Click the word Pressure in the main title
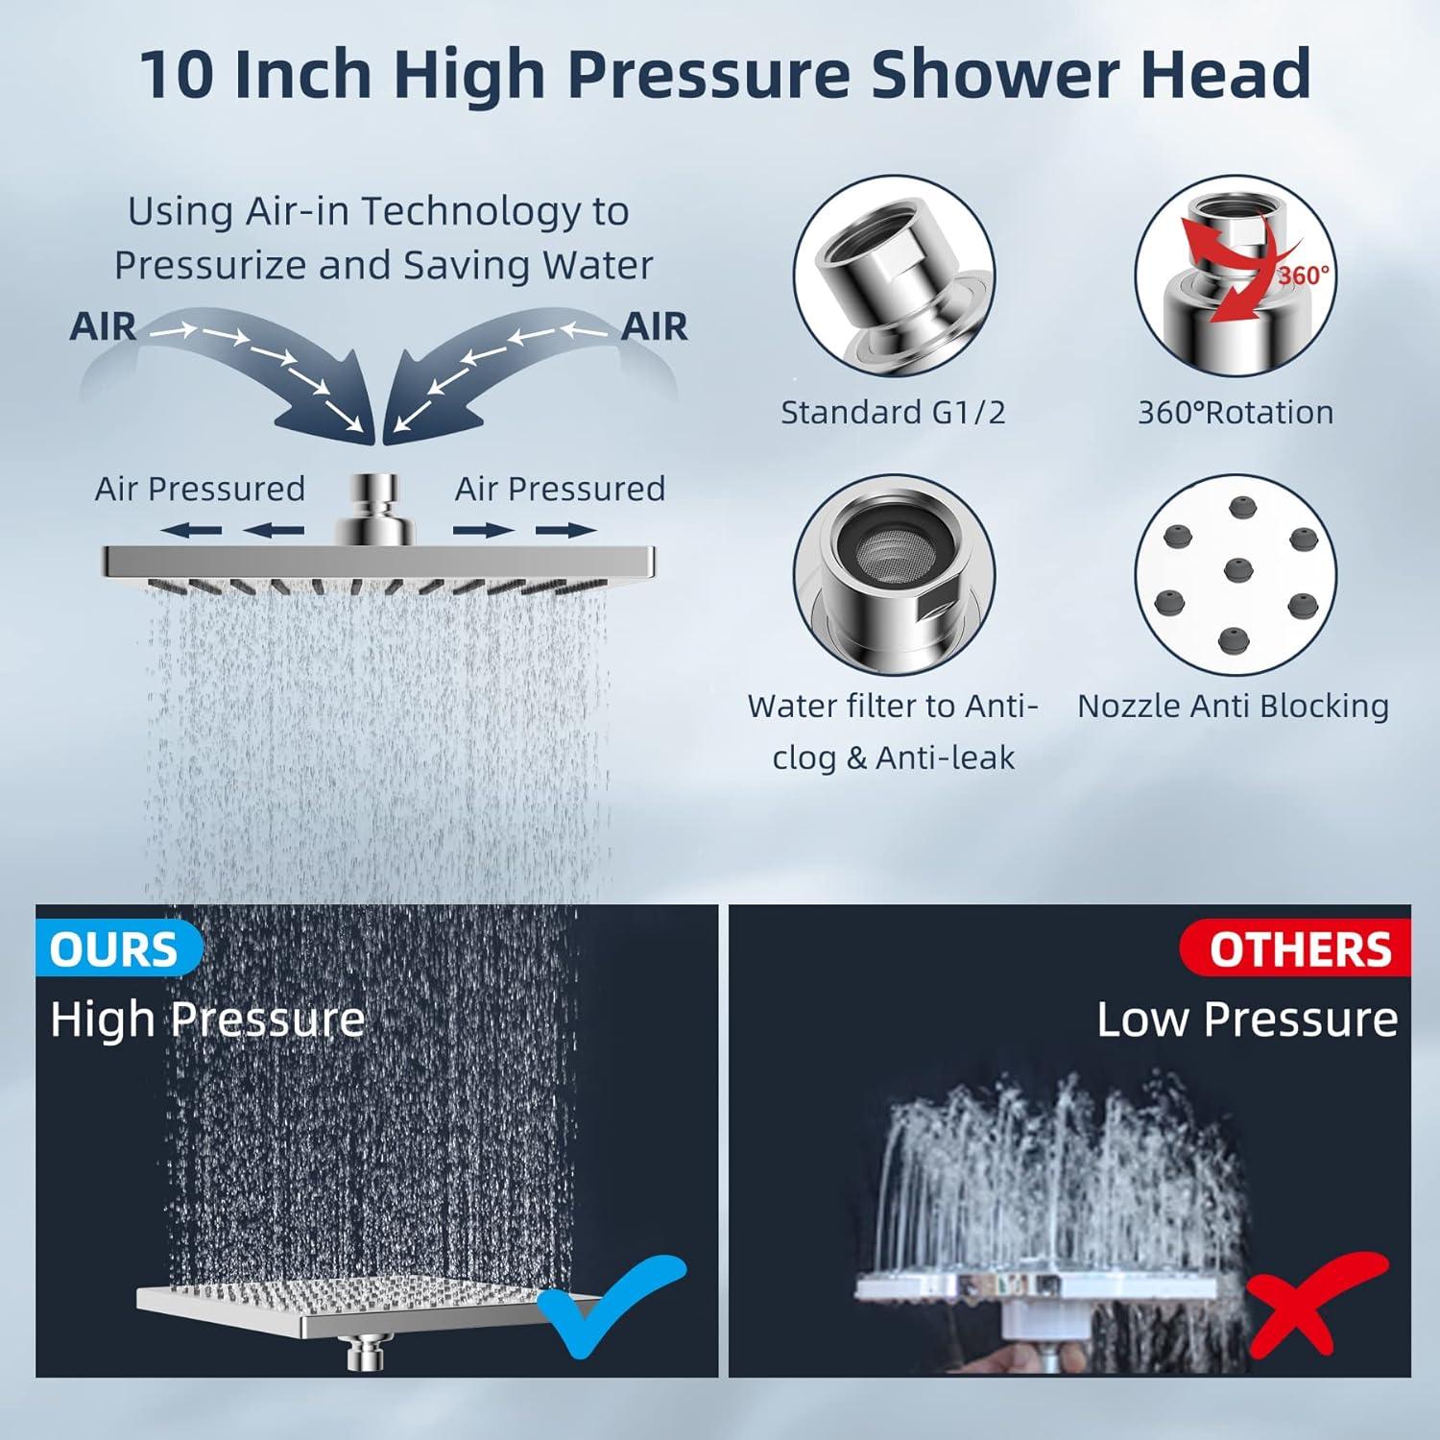coord(704,74)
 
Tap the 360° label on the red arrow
coord(1304,276)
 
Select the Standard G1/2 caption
coord(893,413)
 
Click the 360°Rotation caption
coord(1236,413)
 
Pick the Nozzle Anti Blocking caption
coord(1233,707)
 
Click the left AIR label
coord(103,326)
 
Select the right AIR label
coord(655,326)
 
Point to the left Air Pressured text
coord(200,490)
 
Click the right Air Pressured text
coord(560,490)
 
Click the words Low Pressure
coord(1247,1020)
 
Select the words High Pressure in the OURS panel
coord(207,1020)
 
